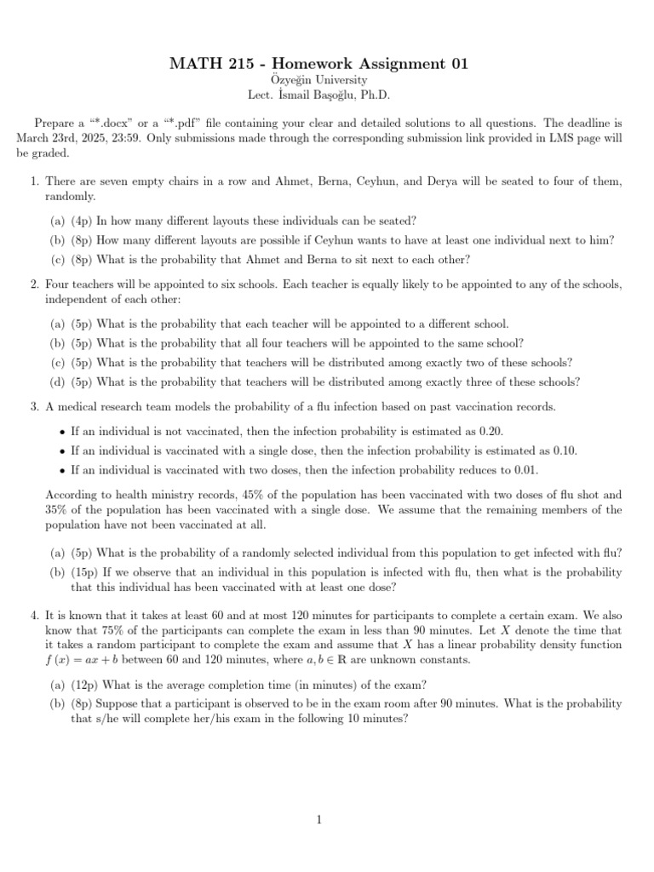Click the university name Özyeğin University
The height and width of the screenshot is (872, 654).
pos(326,82)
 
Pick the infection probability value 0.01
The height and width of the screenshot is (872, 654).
pos(525,470)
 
